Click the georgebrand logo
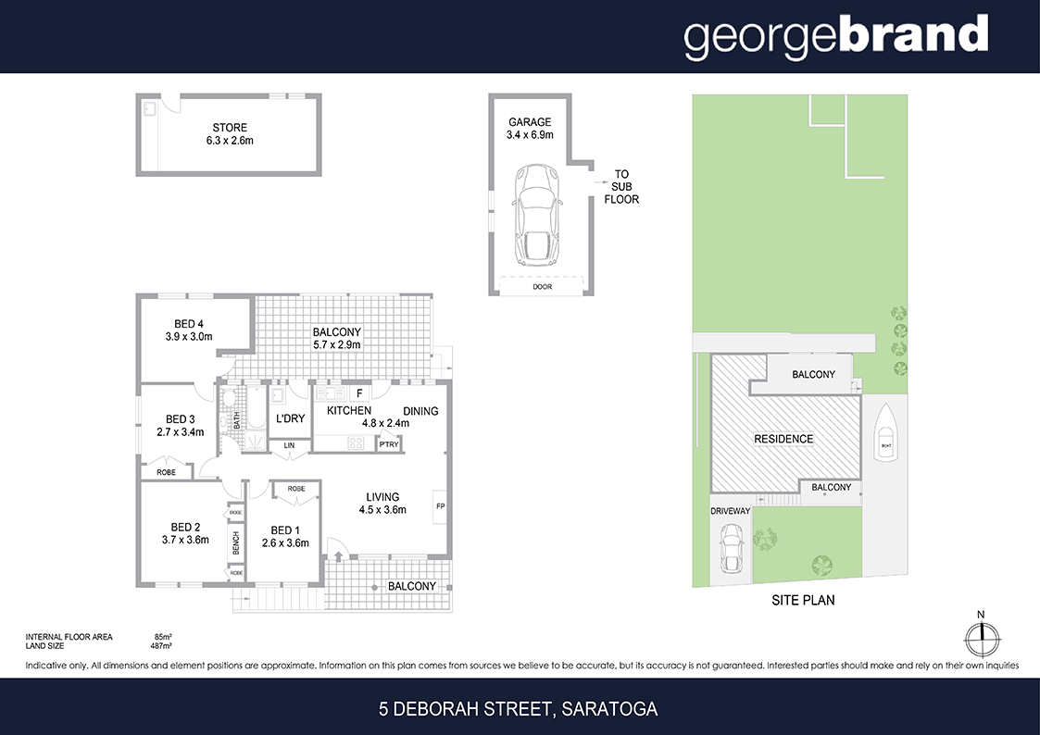pos(835,36)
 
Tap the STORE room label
pos(230,128)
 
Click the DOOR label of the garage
pos(542,287)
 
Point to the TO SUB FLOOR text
pos(621,186)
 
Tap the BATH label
pos(237,419)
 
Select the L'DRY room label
pos(291,418)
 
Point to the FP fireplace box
pos(440,506)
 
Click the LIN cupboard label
pos(289,445)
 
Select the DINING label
pos(420,411)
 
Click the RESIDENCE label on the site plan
pos(783,439)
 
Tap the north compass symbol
pos(981,637)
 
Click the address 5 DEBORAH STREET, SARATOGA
pos(519,710)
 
